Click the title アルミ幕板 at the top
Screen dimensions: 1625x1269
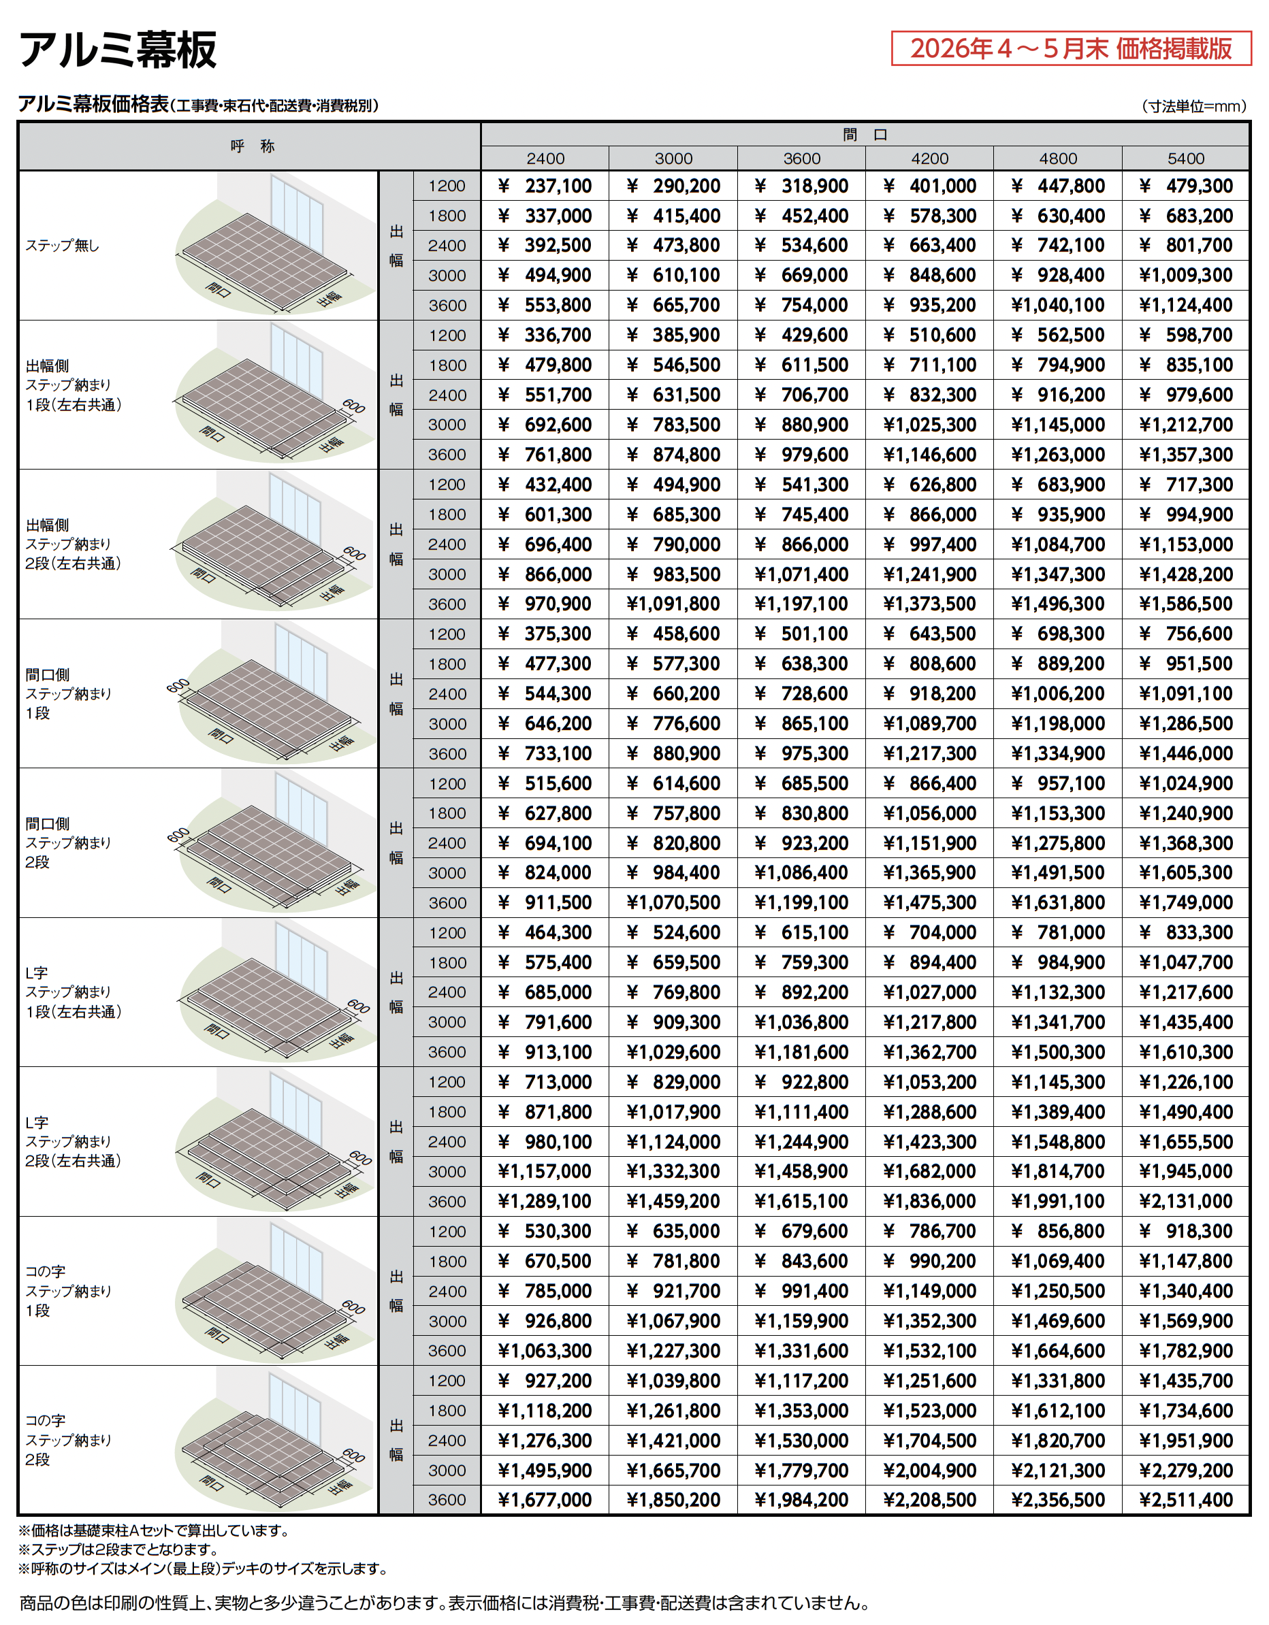coord(118,50)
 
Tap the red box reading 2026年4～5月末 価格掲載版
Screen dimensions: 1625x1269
coord(1070,49)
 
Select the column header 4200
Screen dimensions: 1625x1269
coord(929,159)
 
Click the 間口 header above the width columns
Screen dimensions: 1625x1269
coord(864,135)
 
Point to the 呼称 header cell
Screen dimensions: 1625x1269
coord(253,146)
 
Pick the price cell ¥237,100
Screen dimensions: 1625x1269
coord(545,186)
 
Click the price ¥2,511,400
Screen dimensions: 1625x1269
coord(1186,1500)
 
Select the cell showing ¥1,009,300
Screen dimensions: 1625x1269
coord(1186,276)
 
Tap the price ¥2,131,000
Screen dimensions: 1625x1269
coord(1186,1202)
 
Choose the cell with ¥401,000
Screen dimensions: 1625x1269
coord(929,186)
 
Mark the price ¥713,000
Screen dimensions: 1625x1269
coord(545,1082)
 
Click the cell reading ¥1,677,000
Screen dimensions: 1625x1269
coord(545,1500)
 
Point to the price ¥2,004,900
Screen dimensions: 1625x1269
coord(929,1471)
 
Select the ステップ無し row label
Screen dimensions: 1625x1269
coord(63,246)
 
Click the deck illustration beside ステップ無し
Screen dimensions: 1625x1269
coord(276,246)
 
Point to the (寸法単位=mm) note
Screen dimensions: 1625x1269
coord(1194,106)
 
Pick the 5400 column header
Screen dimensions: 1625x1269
coord(1186,159)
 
